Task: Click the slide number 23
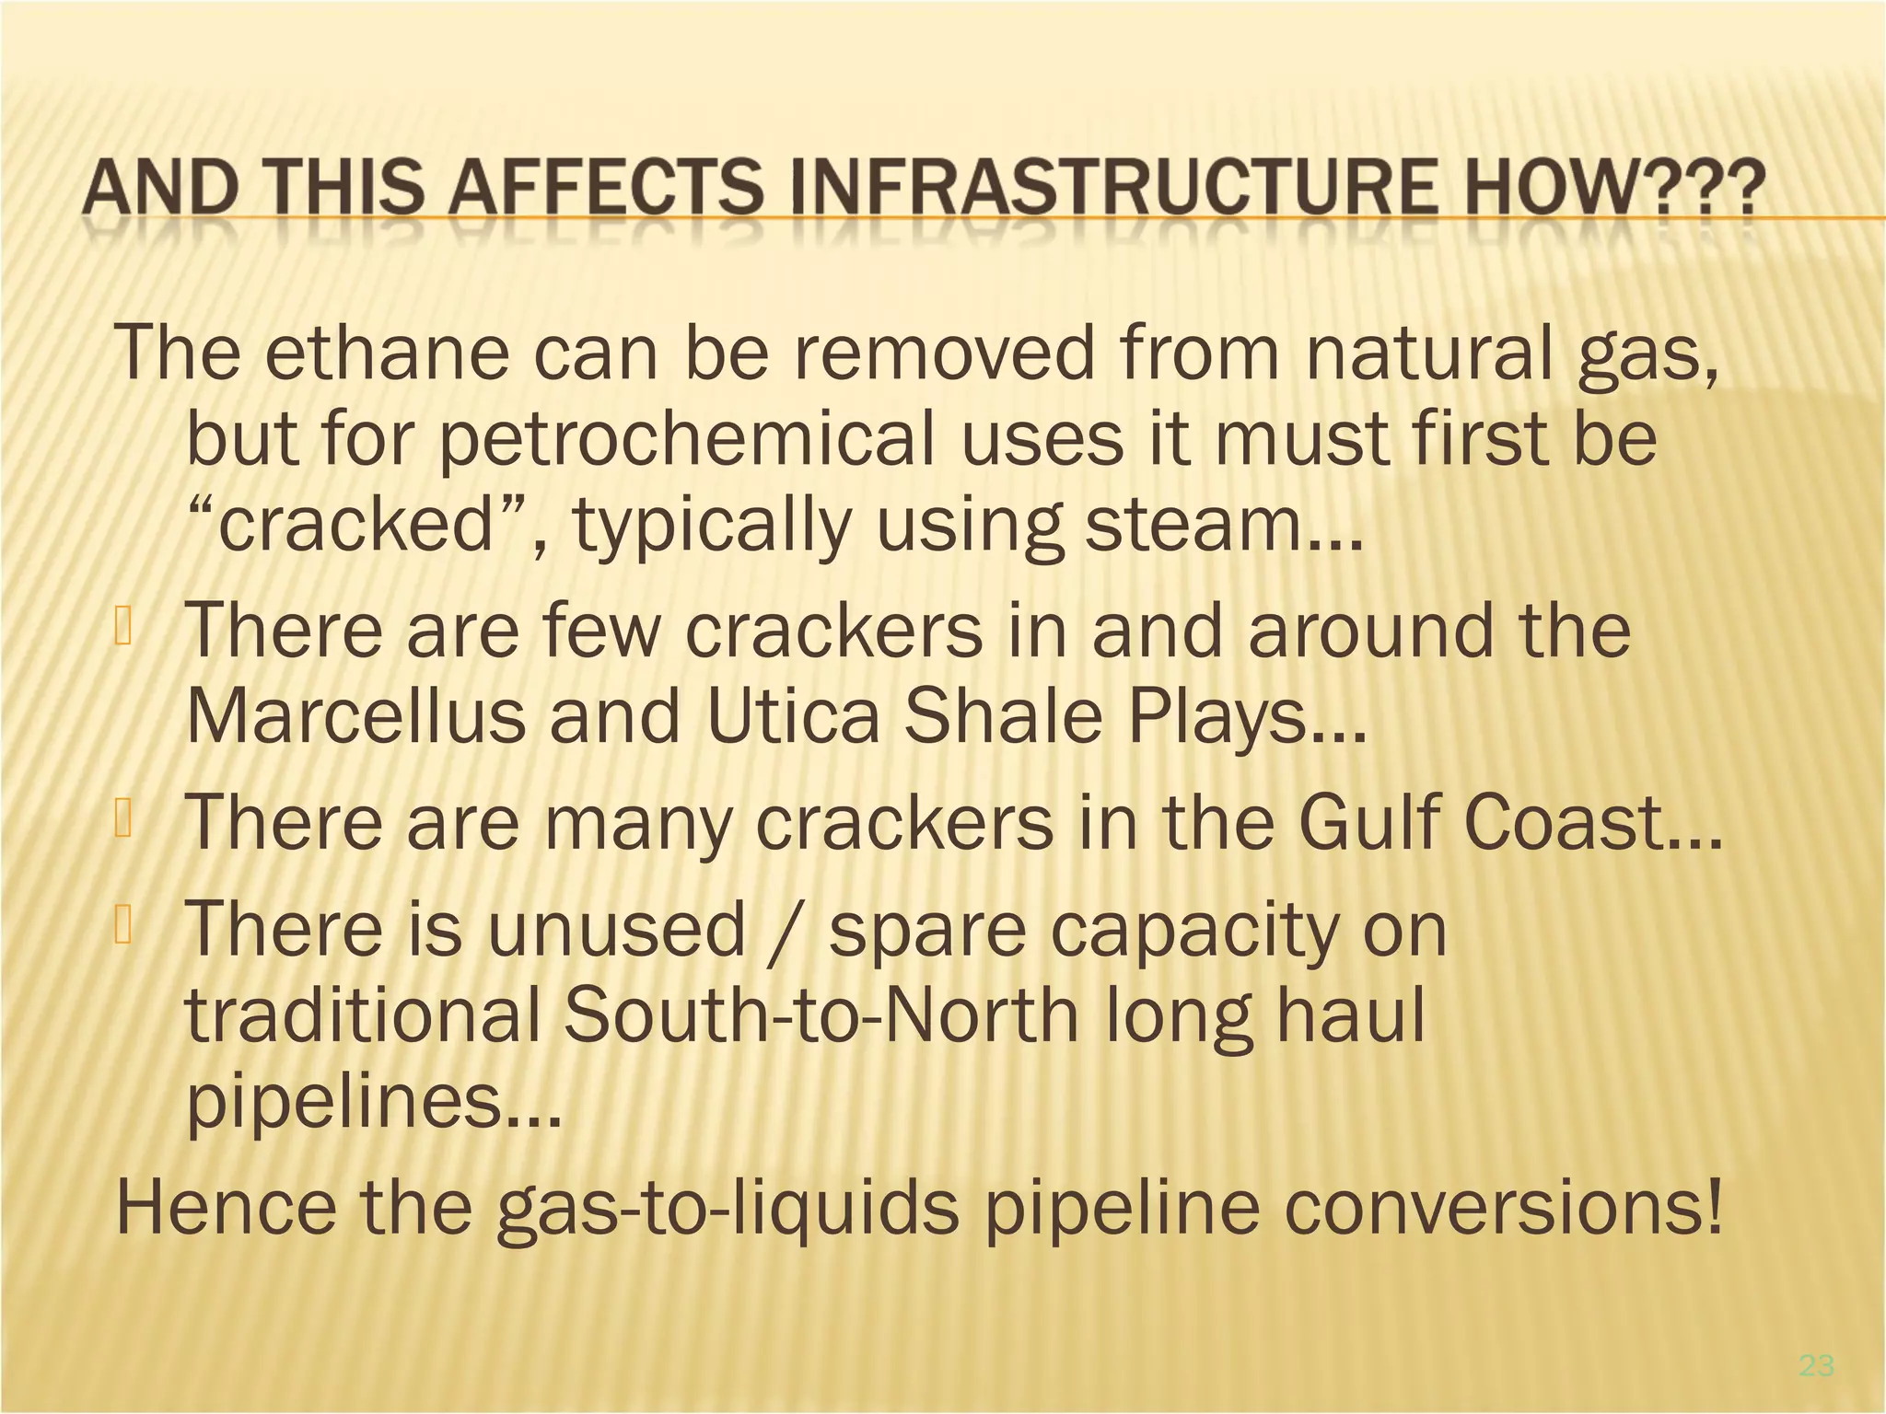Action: tap(1816, 1366)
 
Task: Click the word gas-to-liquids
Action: tap(728, 1208)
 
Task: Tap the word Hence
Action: tap(227, 1208)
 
